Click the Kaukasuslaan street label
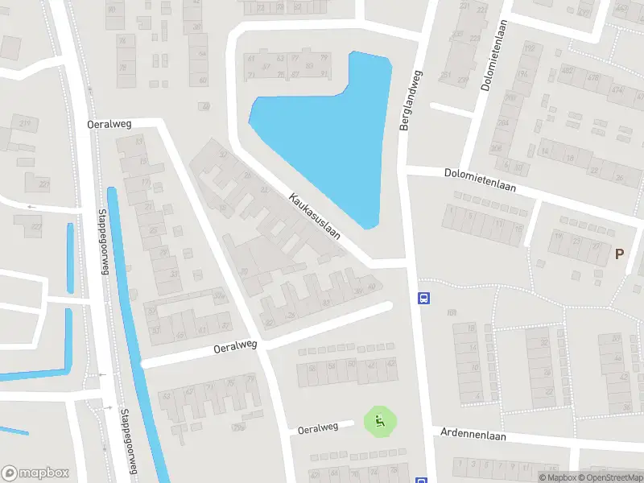[313, 215]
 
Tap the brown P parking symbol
[620, 254]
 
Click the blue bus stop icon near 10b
[423, 297]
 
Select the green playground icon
[380, 419]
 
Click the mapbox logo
[35, 473]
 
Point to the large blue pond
[330, 137]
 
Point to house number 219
[25, 122]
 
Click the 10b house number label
[451, 312]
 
